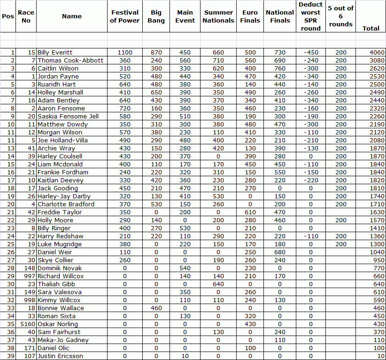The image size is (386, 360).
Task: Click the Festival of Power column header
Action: click(x=125, y=16)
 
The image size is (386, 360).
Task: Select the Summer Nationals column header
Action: click(x=218, y=16)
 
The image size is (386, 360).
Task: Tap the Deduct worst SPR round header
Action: click(x=310, y=16)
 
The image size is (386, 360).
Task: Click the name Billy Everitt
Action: click(x=55, y=53)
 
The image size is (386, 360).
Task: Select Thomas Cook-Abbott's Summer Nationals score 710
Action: click(x=218, y=61)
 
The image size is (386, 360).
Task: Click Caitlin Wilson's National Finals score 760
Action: click(x=280, y=69)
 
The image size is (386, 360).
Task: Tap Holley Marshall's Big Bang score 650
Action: click(x=156, y=93)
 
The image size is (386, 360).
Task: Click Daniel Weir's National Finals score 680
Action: click(x=280, y=252)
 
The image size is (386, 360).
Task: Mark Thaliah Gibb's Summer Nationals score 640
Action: click(x=218, y=284)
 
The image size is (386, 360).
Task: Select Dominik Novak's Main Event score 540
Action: click(x=185, y=268)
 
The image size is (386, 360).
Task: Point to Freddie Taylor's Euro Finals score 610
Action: click(x=250, y=212)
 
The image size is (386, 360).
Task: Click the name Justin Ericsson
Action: click(x=60, y=356)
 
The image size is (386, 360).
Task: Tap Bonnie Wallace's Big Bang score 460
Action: click(x=156, y=308)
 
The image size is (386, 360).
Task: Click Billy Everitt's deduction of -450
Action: click(x=310, y=53)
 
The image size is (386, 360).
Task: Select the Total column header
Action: click(x=371, y=28)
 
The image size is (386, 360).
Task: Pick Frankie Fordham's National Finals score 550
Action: click(x=280, y=172)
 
